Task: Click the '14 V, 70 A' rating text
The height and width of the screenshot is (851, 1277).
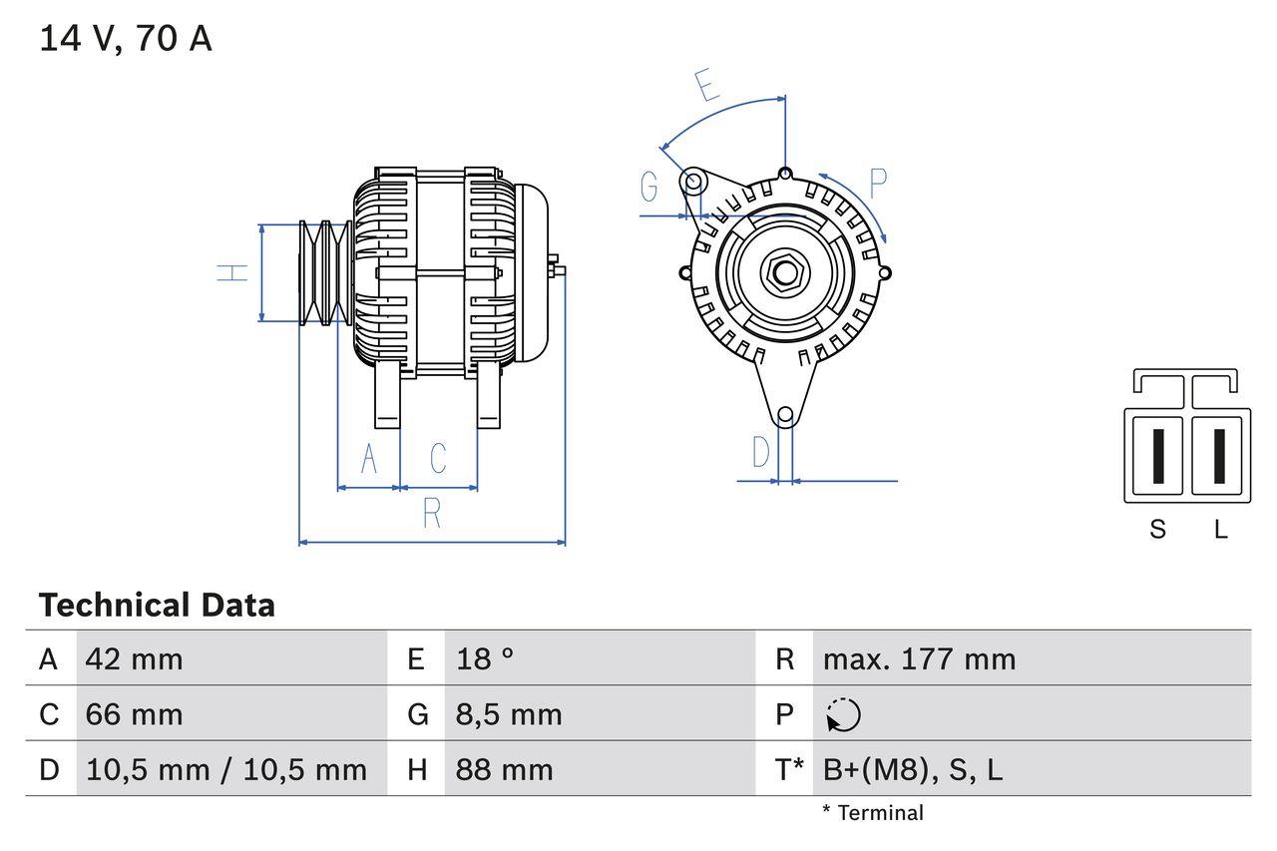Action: [126, 39]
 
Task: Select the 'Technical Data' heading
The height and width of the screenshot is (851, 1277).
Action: [157, 605]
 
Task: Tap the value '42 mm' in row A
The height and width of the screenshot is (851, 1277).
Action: [135, 658]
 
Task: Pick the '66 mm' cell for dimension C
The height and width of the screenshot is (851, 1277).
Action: [135, 714]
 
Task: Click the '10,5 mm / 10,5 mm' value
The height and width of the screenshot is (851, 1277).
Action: [226, 769]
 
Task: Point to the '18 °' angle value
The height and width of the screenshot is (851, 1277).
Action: [485, 658]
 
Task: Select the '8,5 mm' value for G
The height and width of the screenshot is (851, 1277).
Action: [509, 714]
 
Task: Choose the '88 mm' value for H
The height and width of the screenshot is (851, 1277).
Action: [504, 769]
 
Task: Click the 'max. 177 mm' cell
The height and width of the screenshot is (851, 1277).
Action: [919, 658]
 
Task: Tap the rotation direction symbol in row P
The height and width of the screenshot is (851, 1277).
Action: [843, 714]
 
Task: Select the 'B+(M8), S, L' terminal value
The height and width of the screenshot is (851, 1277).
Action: [913, 769]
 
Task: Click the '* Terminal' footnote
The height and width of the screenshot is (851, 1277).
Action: [873, 813]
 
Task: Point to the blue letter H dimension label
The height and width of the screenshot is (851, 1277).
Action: [232, 271]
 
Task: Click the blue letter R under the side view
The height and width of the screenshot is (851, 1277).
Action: [432, 513]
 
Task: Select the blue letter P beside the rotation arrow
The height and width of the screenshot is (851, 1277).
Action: [877, 184]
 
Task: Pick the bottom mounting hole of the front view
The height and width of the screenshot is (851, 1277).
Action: [785, 414]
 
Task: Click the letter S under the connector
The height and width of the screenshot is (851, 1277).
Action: [1157, 529]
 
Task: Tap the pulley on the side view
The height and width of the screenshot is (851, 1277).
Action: [323, 271]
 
